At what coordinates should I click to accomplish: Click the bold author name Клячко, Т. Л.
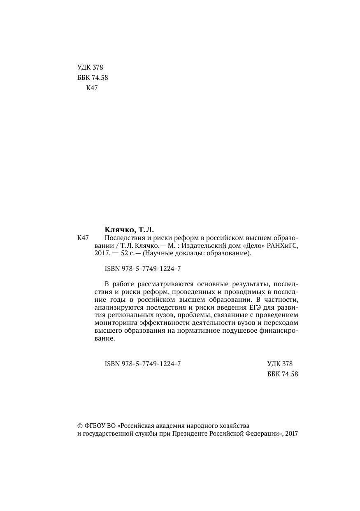pyautogui.click(x=129, y=230)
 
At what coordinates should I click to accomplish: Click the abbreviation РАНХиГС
pyautogui.click(x=282, y=246)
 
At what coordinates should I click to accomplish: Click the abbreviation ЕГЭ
pyautogui.click(x=256, y=307)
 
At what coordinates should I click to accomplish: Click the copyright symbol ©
pyautogui.click(x=80, y=425)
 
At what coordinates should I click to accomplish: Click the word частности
pyautogui.click(x=280, y=299)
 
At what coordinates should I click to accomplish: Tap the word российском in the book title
pyautogui.click(x=225, y=238)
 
